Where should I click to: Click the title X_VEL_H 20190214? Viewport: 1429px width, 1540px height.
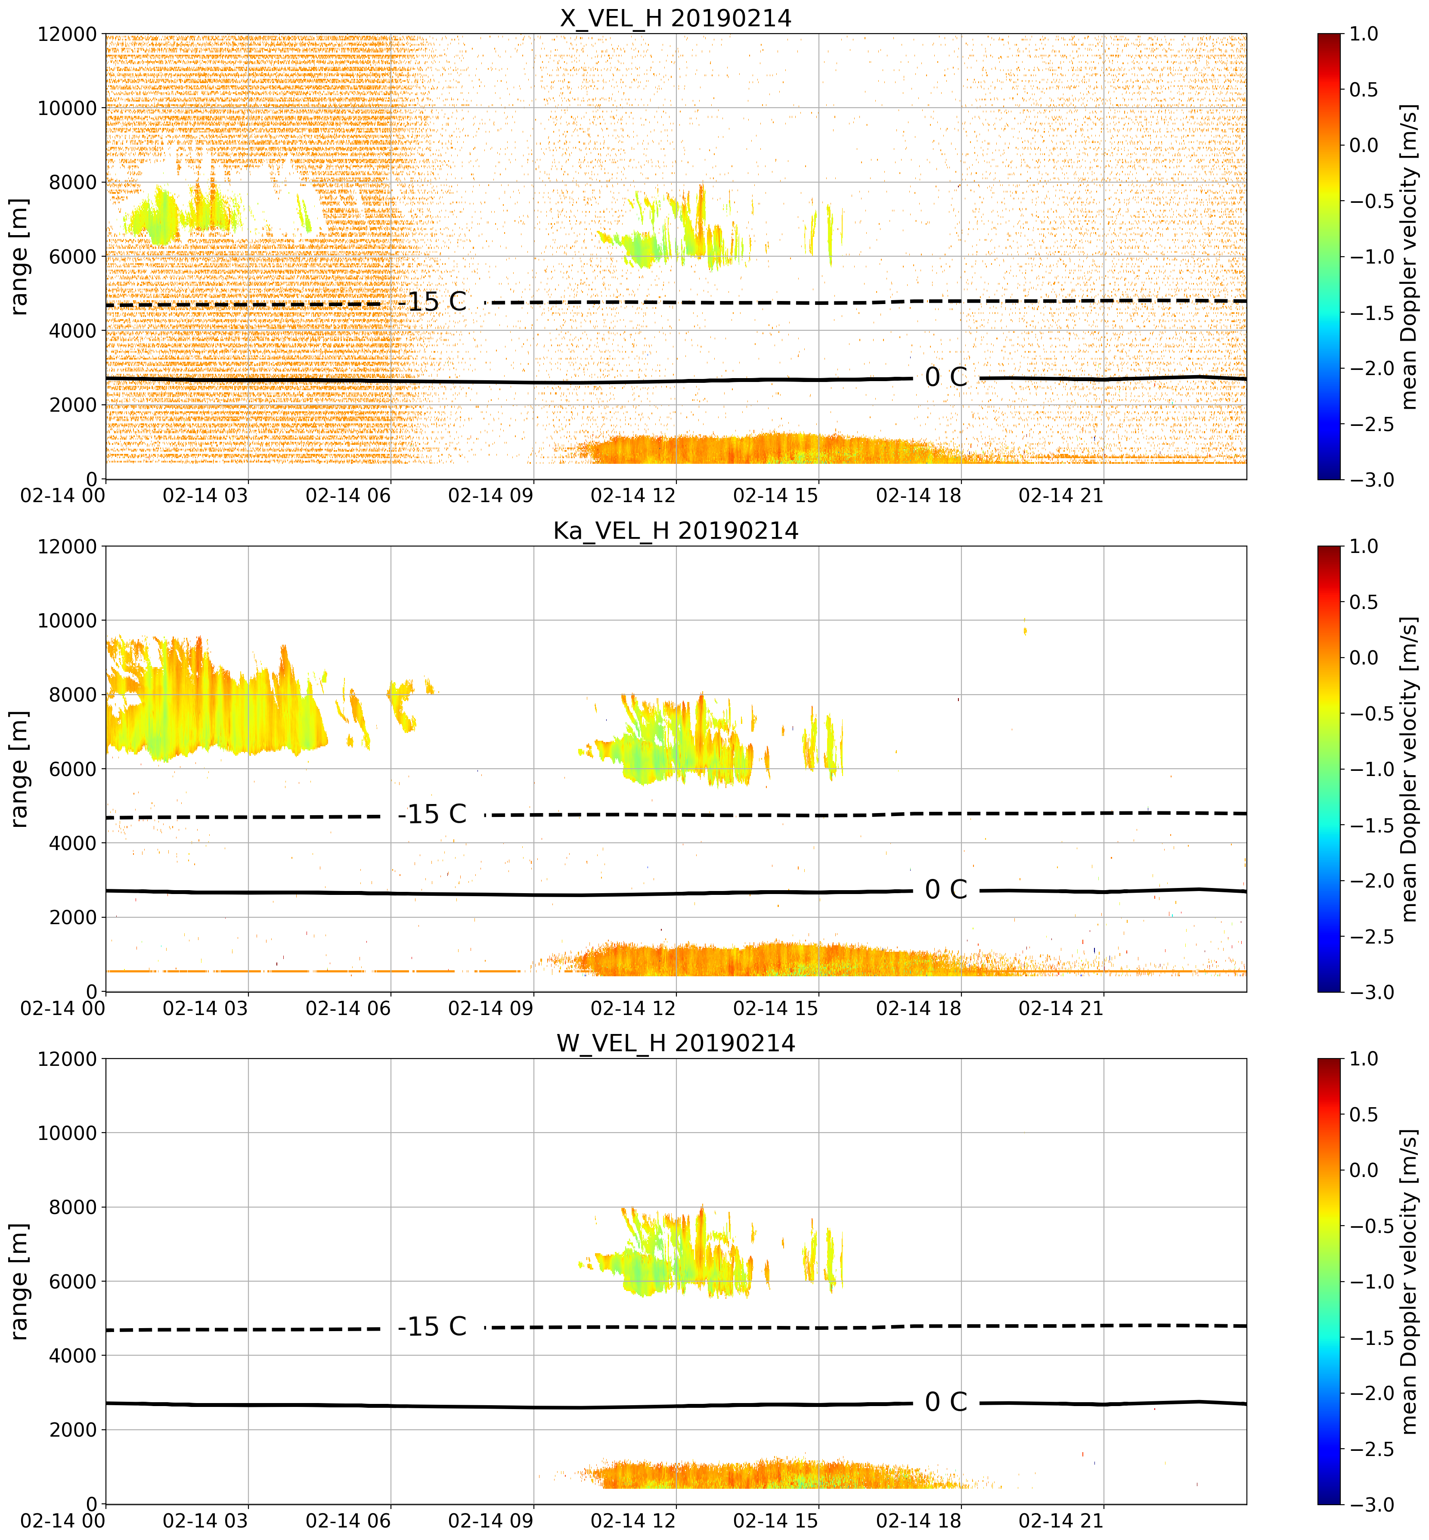click(x=676, y=18)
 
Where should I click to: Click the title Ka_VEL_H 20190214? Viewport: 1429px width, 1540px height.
click(x=676, y=531)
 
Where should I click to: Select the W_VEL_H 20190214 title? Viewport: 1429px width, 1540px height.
click(x=676, y=1043)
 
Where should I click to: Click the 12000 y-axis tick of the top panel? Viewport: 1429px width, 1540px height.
click(x=67, y=34)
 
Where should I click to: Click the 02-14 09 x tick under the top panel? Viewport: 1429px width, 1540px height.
click(x=491, y=495)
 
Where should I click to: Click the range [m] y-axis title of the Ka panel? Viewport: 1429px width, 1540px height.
click(x=19, y=769)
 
